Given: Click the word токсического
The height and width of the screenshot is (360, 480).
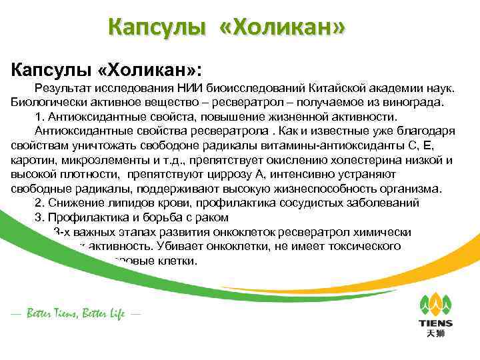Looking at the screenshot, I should (368, 246).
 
